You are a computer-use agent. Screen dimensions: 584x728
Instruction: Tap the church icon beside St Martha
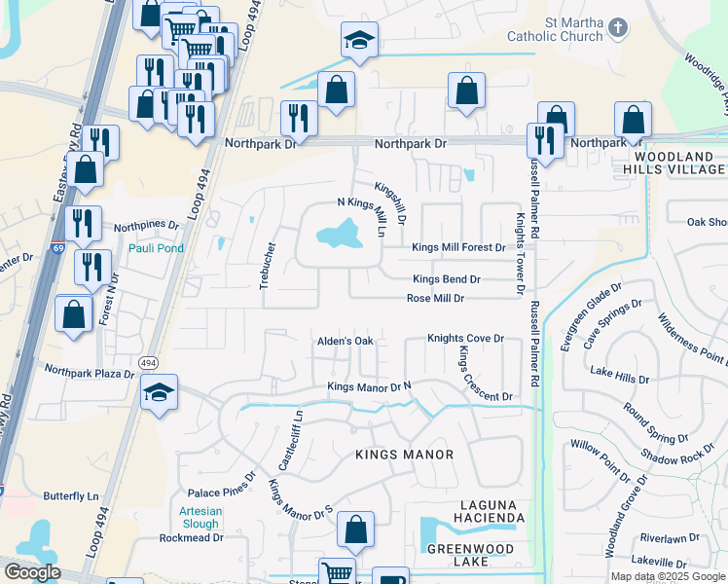coord(618,30)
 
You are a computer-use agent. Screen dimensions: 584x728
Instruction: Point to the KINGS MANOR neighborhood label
coord(404,455)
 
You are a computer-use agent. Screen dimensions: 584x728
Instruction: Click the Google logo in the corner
coord(31,572)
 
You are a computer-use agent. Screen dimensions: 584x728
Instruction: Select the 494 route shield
coord(148,362)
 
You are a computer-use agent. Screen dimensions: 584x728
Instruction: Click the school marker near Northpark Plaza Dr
coord(159,393)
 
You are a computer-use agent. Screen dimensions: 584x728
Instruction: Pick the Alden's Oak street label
coord(346,341)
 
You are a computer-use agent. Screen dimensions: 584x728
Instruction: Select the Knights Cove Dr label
coord(466,339)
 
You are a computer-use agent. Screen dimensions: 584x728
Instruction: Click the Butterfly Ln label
coord(73,495)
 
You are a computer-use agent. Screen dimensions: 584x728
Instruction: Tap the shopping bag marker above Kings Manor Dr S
coord(356,531)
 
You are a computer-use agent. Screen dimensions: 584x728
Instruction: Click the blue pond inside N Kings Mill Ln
coord(336,233)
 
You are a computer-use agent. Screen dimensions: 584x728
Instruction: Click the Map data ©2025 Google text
coord(667,576)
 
